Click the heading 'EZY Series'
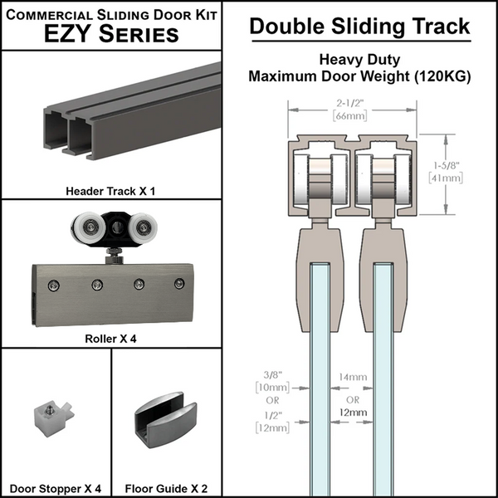coord(110,34)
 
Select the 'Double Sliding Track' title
coord(359,26)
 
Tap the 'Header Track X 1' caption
coord(110,190)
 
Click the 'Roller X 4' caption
coord(110,338)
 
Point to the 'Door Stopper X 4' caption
coord(56,488)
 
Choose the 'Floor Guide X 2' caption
coord(166,488)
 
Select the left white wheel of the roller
coord(86,227)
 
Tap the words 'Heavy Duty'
coord(359,59)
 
